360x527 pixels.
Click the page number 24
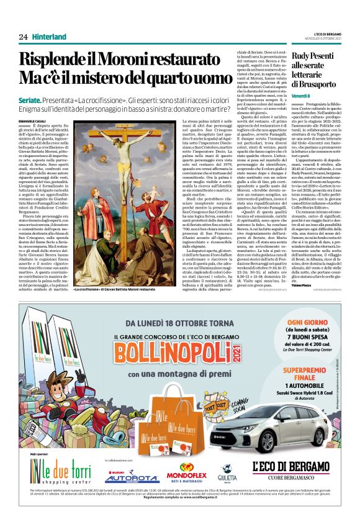23,37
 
